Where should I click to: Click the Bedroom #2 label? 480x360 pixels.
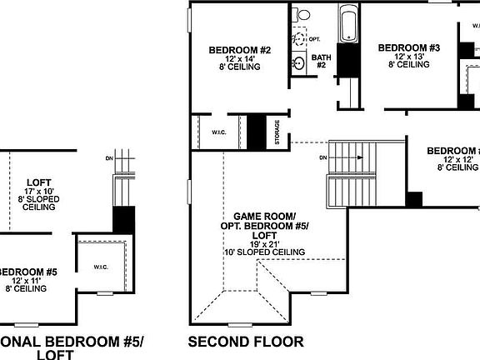tap(240, 50)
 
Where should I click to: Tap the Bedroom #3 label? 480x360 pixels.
tap(408, 48)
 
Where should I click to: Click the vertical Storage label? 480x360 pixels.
tap(277, 133)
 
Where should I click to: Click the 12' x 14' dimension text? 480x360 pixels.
tap(240, 59)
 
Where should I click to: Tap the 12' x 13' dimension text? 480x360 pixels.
tap(408, 57)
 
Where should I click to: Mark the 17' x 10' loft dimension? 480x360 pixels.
tap(39, 192)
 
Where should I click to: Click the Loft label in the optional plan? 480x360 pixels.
tap(38, 182)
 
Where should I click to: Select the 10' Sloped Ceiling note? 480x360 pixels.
tap(264, 252)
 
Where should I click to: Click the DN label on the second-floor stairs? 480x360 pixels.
tap(323, 157)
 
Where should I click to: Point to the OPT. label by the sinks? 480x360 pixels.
tap(314, 39)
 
